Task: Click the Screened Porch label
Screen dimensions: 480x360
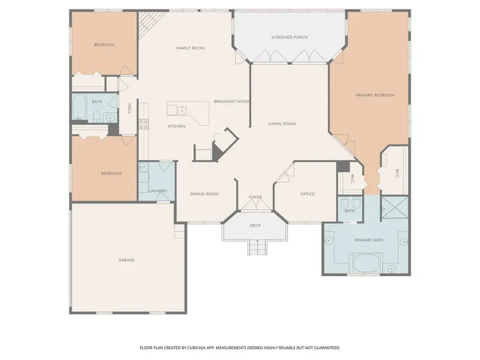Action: coord(289,37)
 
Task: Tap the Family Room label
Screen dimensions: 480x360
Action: coord(190,48)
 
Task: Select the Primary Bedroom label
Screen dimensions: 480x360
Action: coord(375,95)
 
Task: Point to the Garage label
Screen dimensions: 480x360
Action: coord(126,260)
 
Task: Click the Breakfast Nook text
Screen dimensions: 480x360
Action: coord(232,101)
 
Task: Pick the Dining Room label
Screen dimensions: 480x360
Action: coord(204,194)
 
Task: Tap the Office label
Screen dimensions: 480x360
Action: coord(308,194)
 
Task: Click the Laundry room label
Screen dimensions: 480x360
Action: coord(158,191)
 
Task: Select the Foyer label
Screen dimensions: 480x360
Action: coord(255,198)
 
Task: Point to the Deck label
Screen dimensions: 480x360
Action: coord(255,226)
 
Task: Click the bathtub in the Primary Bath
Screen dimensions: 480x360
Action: coord(366,263)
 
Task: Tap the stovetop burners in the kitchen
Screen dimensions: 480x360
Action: coord(144,124)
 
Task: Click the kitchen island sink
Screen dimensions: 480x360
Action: coord(182,110)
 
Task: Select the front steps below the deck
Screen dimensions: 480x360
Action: coord(257,247)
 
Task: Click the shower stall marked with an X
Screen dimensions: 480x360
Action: coord(395,208)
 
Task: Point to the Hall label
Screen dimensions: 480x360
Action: coord(130,109)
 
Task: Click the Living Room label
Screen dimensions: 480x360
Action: coord(282,124)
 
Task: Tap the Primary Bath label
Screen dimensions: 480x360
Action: coord(369,240)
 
